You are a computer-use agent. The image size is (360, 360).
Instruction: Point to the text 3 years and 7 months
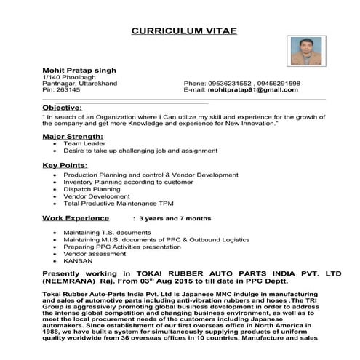point(175,218)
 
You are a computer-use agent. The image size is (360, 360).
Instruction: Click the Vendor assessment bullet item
point(93,252)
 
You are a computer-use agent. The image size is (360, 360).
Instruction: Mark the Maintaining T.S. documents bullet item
point(100,231)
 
